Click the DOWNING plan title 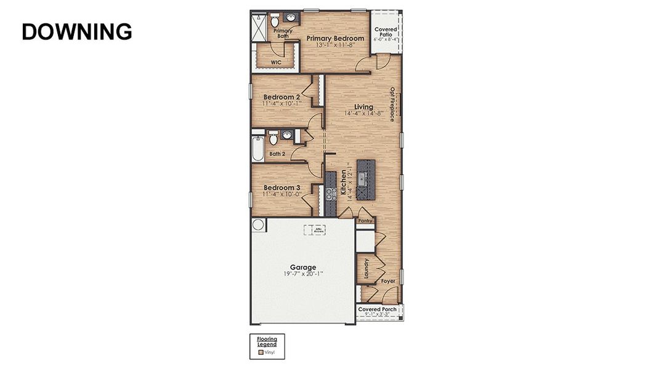click(x=77, y=31)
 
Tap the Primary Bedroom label click(x=335, y=38)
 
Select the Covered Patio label click(x=386, y=32)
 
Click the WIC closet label click(x=276, y=62)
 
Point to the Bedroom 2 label click(x=282, y=97)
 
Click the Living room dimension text click(x=364, y=113)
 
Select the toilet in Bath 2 click(x=274, y=138)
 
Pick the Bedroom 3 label click(x=282, y=188)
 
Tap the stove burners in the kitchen click(x=330, y=194)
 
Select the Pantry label click(x=366, y=220)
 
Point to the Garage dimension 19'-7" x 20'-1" click(x=302, y=274)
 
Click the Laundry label click(x=367, y=269)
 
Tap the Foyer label click(x=387, y=281)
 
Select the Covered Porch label click(x=377, y=309)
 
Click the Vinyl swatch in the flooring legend click(x=261, y=353)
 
